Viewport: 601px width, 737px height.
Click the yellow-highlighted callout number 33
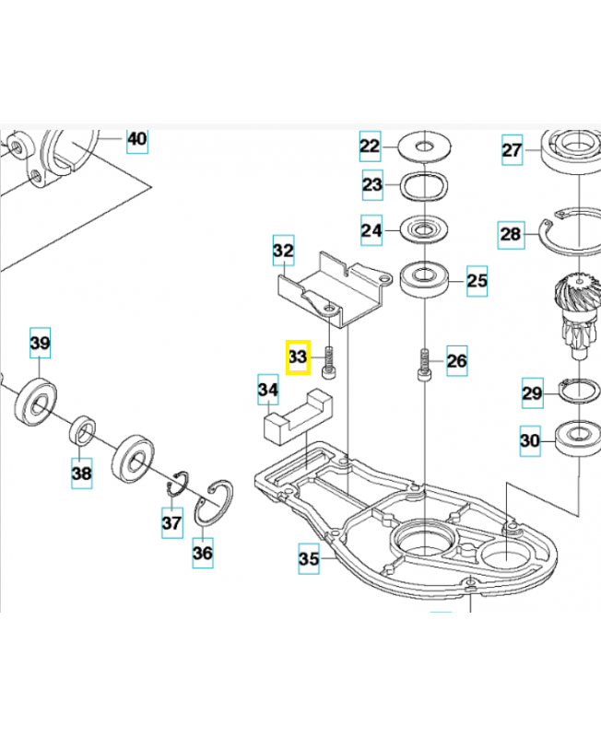[x=297, y=357]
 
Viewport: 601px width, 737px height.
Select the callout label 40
[x=136, y=140]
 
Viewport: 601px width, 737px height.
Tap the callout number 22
[x=370, y=146]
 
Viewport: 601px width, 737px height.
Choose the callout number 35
[x=309, y=557]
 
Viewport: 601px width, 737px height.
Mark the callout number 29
[x=533, y=393]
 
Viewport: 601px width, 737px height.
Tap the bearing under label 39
[x=38, y=398]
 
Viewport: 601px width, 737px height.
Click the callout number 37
[x=172, y=523]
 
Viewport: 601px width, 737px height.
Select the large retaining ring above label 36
[x=215, y=503]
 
